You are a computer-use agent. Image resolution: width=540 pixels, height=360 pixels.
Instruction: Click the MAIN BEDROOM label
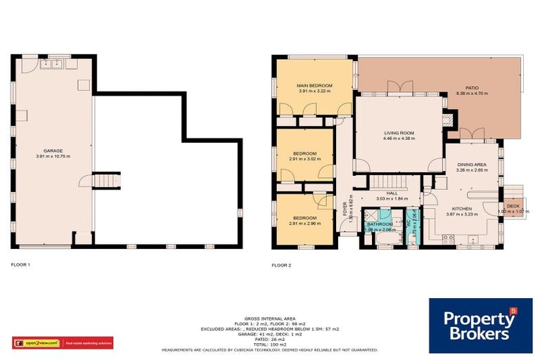[314, 85]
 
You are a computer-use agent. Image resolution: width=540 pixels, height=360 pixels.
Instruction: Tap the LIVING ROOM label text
[399, 132]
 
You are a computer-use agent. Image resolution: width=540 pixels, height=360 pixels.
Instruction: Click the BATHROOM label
[380, 224]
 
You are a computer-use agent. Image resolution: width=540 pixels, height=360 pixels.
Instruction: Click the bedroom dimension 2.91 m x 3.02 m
[304, 159]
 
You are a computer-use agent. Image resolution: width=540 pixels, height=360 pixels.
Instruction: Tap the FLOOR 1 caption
[21, 265]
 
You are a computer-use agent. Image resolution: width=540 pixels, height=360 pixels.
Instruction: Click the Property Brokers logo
[480, 325]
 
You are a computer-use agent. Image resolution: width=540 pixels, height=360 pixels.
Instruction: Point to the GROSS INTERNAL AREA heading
[270, 319]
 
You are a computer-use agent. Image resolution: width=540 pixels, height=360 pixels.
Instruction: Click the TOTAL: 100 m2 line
[270, 344]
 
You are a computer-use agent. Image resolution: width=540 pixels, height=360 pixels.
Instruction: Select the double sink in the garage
[53, 65]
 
